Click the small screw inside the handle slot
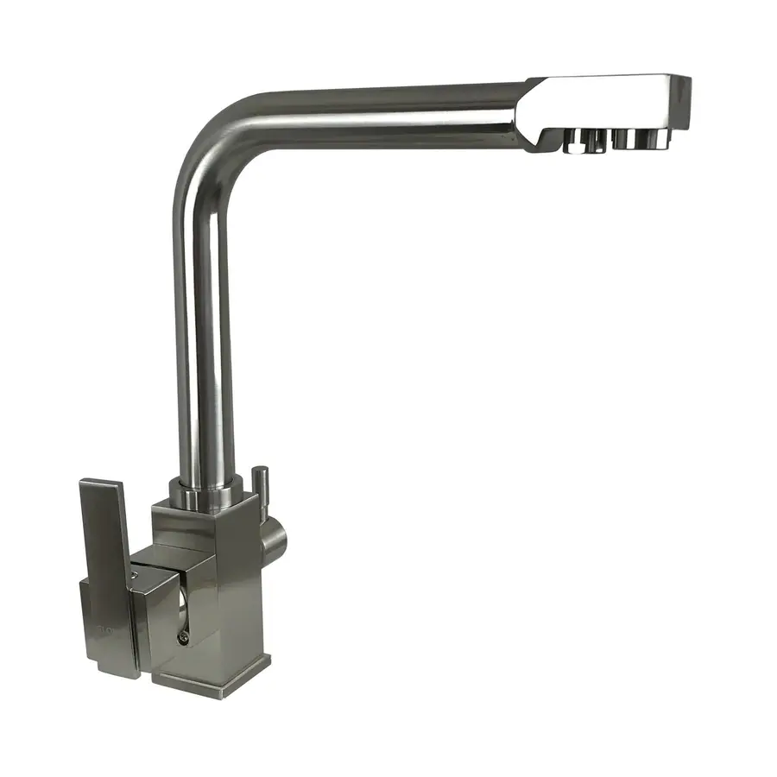pyautogui.click(x=182, y=637)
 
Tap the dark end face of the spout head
pyautogui.click(x=682, y=102)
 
